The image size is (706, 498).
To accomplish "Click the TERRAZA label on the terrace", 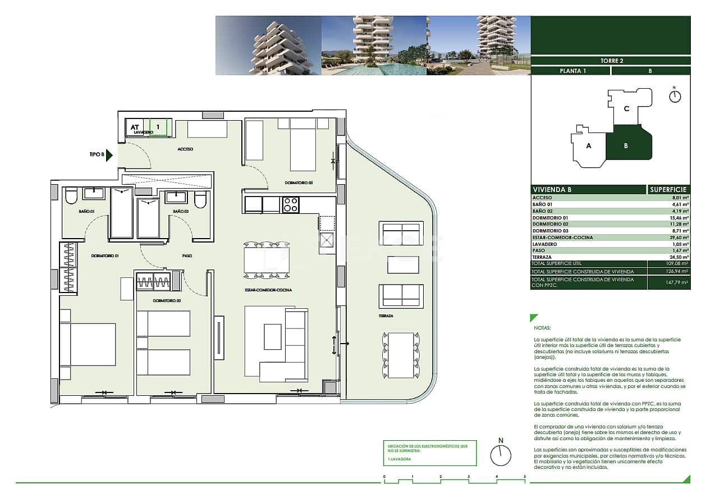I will pos(385,316).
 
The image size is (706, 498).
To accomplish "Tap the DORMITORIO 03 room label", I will pos(298,182).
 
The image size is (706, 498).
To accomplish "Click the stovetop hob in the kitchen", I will pos(290,205).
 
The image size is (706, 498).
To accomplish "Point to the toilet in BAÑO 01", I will pos(71,197).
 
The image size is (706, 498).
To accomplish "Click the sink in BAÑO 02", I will pos(176,197).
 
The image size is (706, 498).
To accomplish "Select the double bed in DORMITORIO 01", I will pos(89,344).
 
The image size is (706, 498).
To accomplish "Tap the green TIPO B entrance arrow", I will pos(109,155).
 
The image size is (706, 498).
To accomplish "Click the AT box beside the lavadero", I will pos(135,127).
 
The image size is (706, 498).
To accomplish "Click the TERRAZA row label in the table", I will pos(542,257).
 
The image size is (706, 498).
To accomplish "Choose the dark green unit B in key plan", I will pos(626,145).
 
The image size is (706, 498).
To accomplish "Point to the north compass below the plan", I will pos(501,454).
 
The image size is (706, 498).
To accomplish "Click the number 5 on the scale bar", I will pos(525,477).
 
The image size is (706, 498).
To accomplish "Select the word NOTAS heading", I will pos(543,327).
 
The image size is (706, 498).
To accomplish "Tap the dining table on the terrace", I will pos(401,348).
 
